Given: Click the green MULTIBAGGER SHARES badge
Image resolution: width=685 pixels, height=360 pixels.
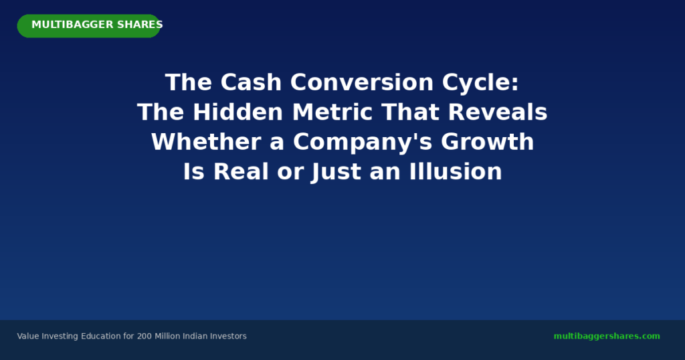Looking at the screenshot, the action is point(89,26).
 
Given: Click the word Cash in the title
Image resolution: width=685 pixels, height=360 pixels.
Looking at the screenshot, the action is point(251,82).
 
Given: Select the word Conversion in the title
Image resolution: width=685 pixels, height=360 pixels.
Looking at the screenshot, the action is point(362,82).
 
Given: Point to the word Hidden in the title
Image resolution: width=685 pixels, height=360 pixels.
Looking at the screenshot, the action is point(238,112).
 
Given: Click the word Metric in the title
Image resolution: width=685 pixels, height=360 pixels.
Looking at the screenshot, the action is point(332,112).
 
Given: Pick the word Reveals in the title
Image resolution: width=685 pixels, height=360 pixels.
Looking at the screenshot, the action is point(498,112).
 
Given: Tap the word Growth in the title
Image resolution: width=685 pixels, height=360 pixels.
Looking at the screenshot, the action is point(488,142).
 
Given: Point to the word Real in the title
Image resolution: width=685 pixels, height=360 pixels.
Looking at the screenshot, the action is point(241,171).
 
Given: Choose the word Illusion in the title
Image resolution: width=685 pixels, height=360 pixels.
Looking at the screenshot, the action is point(456,171).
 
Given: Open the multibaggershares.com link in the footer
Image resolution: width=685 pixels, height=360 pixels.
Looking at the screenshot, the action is point(607,336).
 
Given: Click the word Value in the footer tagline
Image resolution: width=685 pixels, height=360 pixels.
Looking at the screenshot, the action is point(28,336).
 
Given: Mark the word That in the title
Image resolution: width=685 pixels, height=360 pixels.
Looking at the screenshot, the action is point(410,112).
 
